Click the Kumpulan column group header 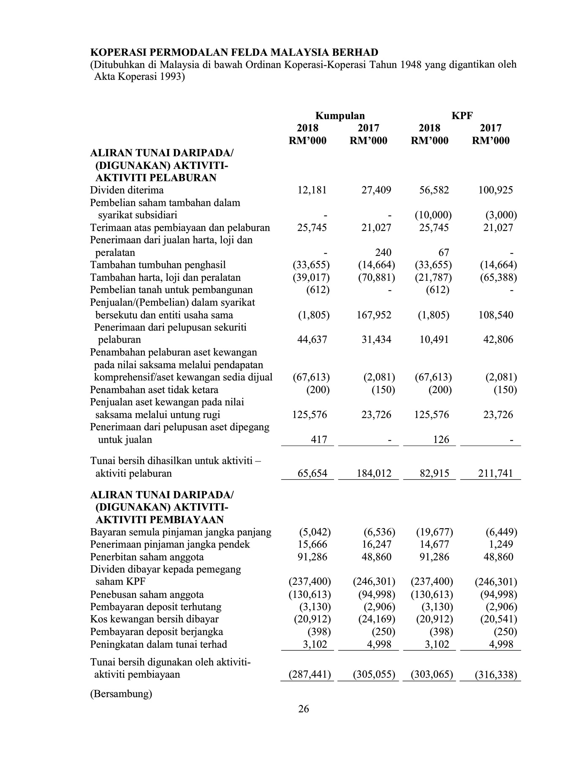[x=340, y=116]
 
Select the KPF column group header [x=462, y=116]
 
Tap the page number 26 [x=303, y=709]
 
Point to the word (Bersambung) [x=121, y=694]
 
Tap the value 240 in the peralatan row [x=383, y=252]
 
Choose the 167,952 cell [x=374, y=315]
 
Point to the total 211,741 [x=495, y=473]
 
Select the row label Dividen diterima [x=127, y=190]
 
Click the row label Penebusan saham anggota [x=147, y=594]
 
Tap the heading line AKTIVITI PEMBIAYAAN [x=160, y=520]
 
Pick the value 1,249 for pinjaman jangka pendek [x=503, y=544]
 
